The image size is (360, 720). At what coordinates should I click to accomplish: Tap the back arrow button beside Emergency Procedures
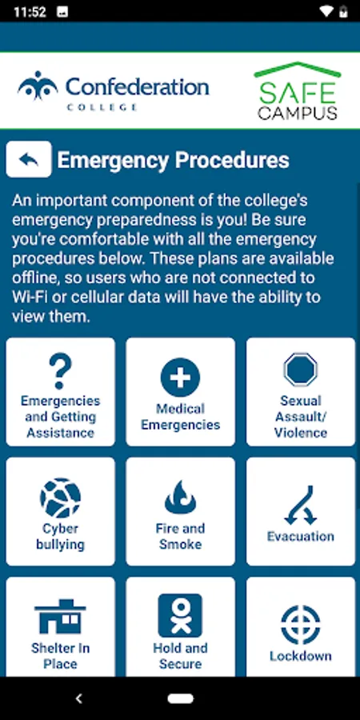[x=29, y=159]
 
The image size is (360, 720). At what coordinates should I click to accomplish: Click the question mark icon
[x=60, y=371]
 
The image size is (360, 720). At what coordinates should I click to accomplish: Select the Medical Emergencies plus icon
[x=181, y=378]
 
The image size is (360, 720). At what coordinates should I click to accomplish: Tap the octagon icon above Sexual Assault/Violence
[x=300, y=370]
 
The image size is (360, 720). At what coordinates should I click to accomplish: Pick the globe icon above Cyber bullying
[x=60, y=498]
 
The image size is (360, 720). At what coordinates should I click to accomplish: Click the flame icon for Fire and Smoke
[x=181, y=498]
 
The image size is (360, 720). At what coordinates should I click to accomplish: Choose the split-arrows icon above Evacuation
[x=301, y=505]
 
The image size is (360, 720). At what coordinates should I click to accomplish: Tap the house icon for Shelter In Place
[x=60, y=617]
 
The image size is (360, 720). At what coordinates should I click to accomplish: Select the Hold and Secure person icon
[x=181, y=615]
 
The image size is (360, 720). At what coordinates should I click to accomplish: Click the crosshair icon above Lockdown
[x=301, y=625]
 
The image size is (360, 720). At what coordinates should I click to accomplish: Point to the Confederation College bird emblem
[x=38, y=86]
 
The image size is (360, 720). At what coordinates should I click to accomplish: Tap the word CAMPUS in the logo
[x=298, y=113]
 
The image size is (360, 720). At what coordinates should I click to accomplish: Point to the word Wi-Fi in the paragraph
[x=29, y=298]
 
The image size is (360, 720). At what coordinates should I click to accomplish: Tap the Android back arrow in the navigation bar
[x=79, y=698]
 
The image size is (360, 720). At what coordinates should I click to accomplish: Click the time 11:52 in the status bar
[x=30, y=11]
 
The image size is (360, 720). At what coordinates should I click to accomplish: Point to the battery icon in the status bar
[x=343, y=11]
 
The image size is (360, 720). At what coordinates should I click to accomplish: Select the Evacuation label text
[x=301, y=536]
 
